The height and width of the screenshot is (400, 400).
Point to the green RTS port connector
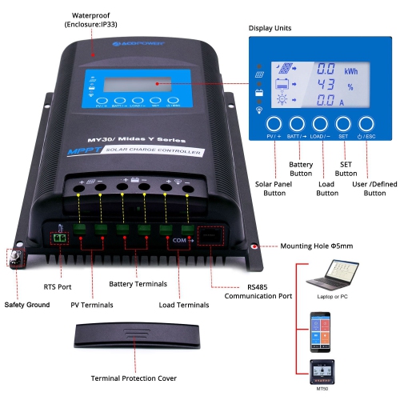tap(59, 238)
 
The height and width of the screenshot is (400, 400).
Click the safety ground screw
tap(14, 258)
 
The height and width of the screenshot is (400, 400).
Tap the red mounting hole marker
tap(255, 247)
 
